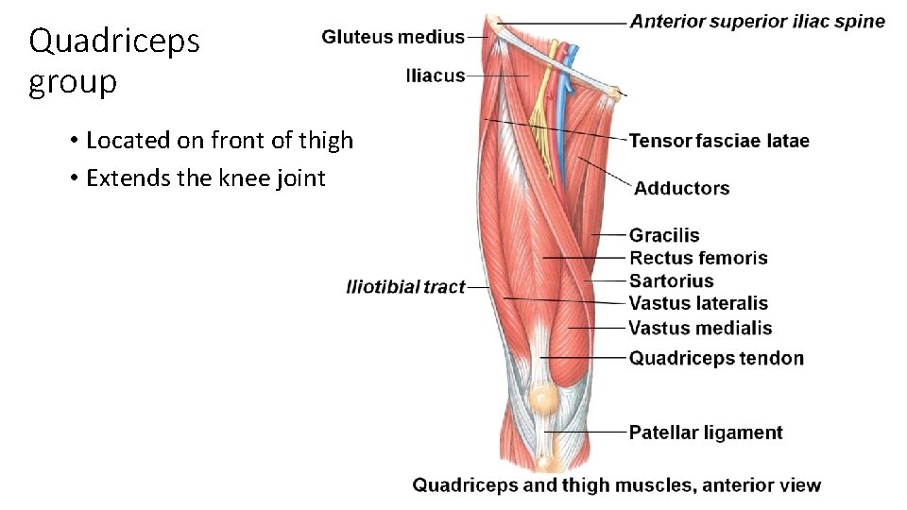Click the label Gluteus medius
click(393, 38)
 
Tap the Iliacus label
click(436, 76)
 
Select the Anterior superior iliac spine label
click(758, 21)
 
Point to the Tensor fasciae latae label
click(719, 141)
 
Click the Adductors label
click(681, 188)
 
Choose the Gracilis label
click(664, 235)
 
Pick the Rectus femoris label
click(698, 258)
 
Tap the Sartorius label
click(671, 280)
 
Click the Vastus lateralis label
click(698, 303)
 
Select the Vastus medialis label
click(700, 328)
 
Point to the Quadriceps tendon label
click(716, 358)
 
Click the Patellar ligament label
click(706, 433)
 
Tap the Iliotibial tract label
click(406, 286)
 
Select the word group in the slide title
click(73, 83)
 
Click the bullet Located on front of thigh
click(219, 141)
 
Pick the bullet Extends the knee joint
click(205, 178)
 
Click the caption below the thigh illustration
click(617, 485)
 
